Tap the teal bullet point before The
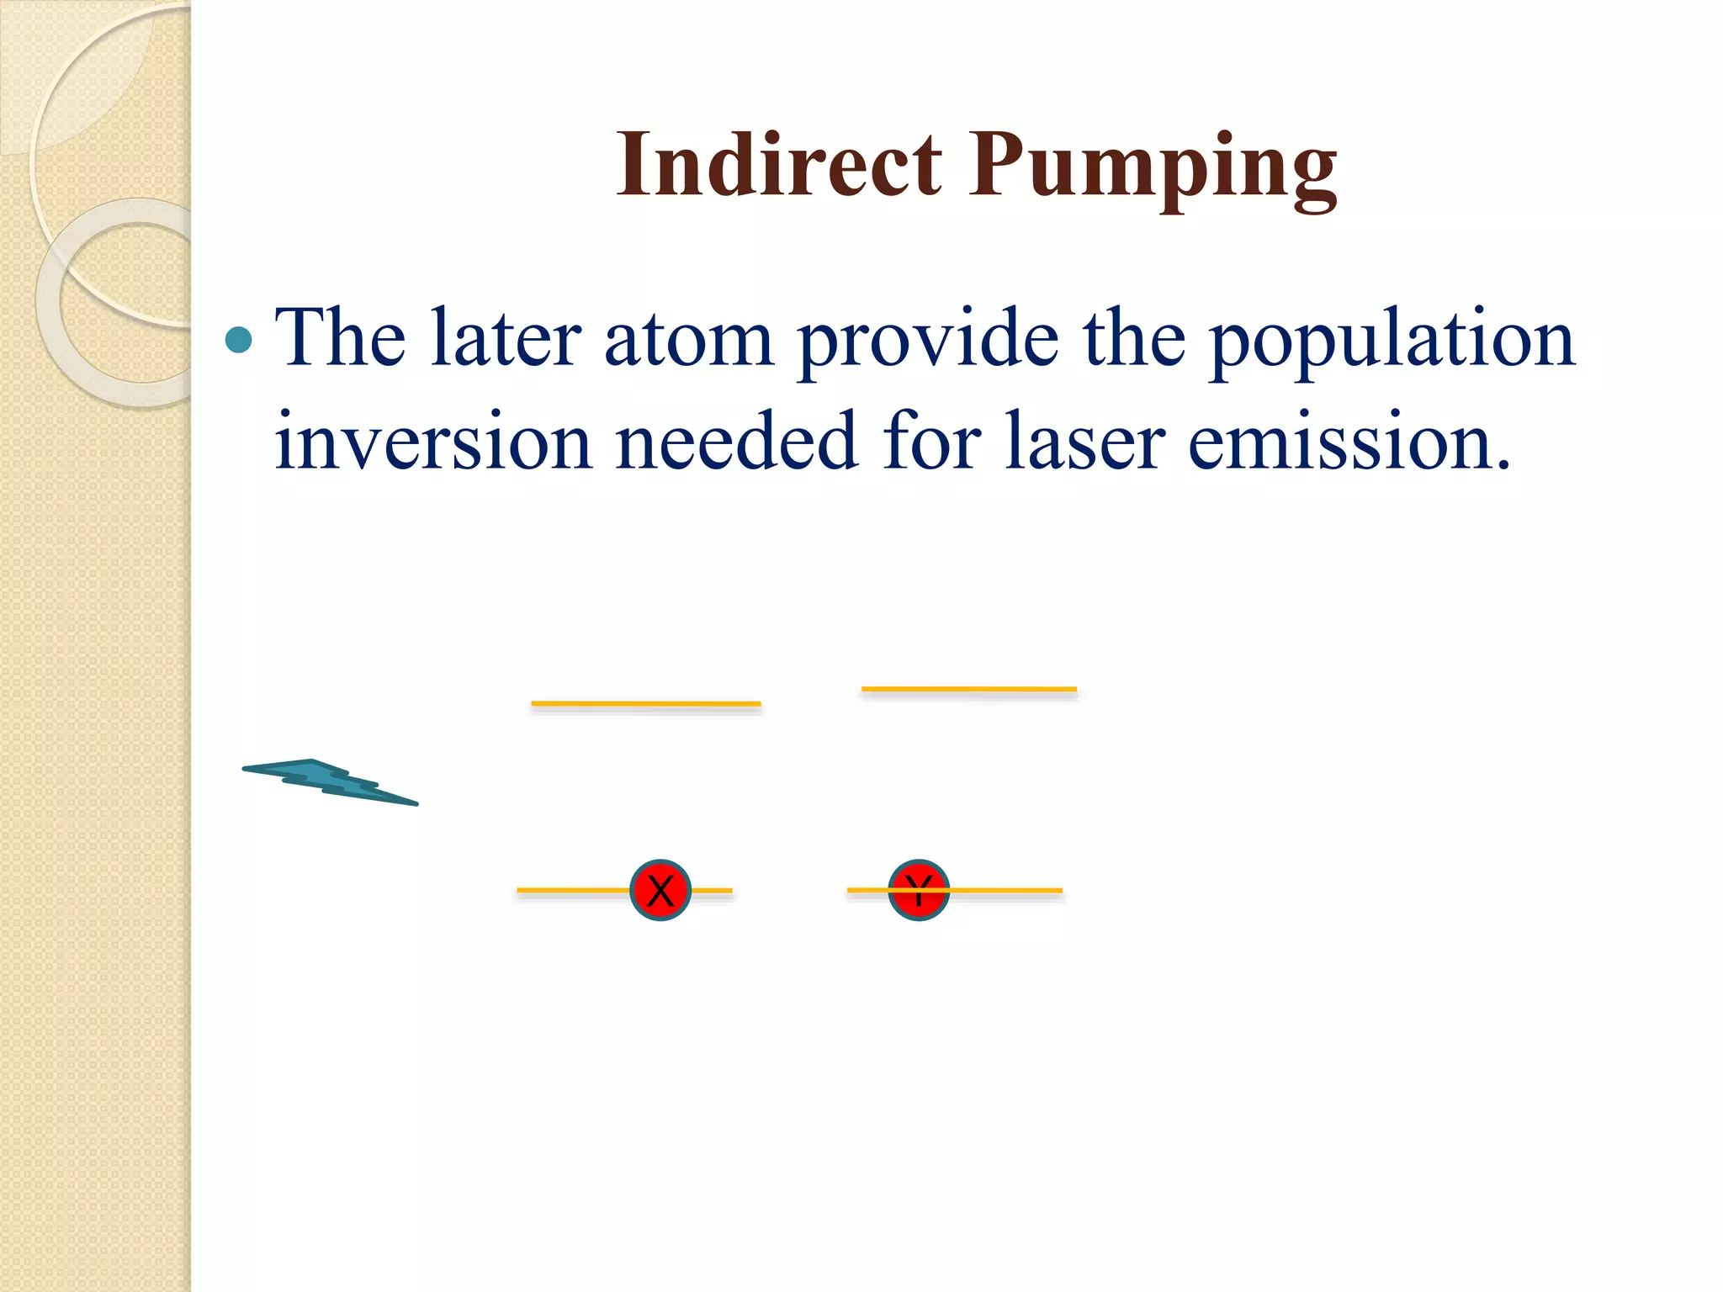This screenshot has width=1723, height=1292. coord(240,340)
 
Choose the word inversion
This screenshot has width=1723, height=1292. coord(433,442)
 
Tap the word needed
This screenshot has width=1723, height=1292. coord(736,442)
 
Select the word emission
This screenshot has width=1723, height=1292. coord(1346,442)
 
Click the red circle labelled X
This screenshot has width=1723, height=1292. coord(660,890)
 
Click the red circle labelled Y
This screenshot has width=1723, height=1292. coord(919,890)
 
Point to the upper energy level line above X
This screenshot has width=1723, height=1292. coord(645,703)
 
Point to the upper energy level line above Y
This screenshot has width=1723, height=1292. coord(968,689)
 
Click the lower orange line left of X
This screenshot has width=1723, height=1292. coord(572,889)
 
